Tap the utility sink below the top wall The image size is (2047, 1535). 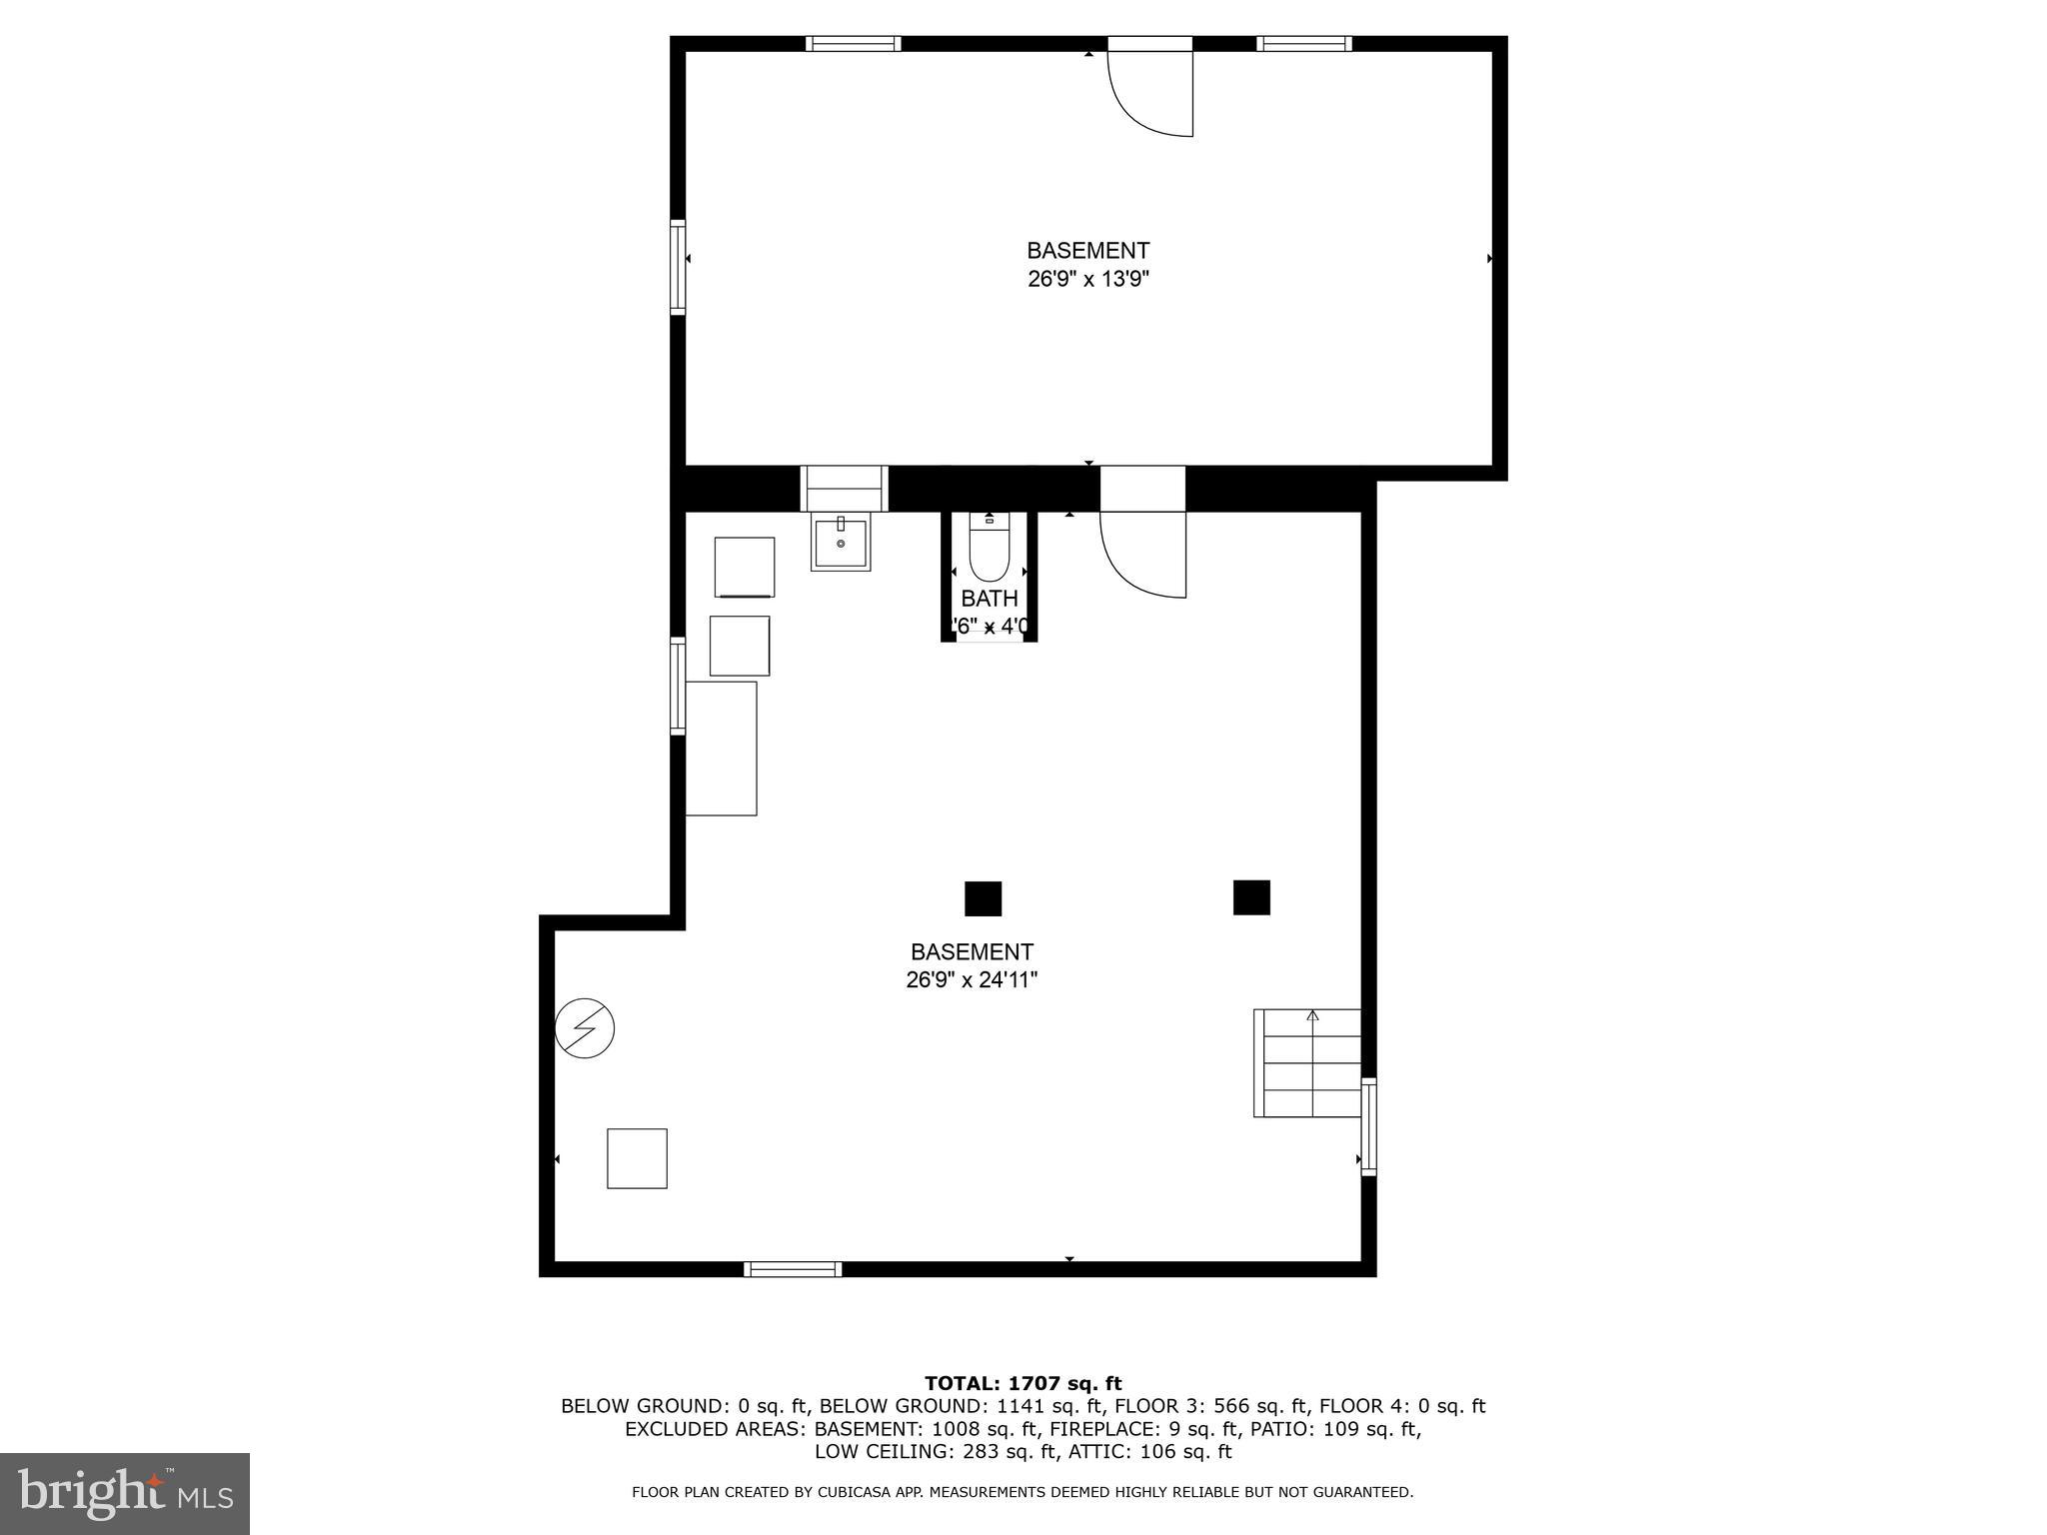coord(840,543)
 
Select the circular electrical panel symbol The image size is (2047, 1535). coord(585,1028)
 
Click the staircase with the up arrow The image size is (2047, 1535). coord(1307,1063)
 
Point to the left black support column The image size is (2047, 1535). coord(983,898)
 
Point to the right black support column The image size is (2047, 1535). coord(1251,897)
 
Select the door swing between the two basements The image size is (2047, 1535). coord(1143,555)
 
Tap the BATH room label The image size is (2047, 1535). coord(990,599)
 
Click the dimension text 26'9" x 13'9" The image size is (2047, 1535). coord(1088,279)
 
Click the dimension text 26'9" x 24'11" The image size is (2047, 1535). coord(972,980)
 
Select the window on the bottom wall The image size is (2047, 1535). coord(793,1269)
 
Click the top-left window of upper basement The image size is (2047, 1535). coord(853,43)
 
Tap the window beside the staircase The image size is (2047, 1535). coord(1368,1126)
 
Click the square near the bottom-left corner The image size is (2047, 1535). coord(637,1158)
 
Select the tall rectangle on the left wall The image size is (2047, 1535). coord(721,749)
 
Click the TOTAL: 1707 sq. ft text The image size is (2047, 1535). coord(1023,1383)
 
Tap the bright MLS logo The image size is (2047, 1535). coord(125,1493)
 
